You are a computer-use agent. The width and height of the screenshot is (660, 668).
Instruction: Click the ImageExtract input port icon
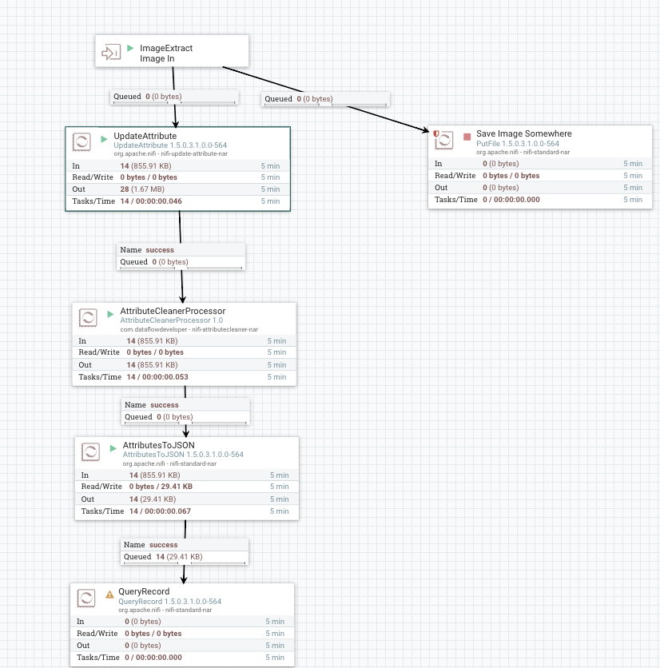pos(109,54)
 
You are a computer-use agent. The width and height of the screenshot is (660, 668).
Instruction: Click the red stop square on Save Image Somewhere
pos(467,136)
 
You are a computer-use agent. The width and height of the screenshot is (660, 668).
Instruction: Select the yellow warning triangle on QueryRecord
pos(109,594)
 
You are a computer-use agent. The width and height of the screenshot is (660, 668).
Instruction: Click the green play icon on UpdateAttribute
pos(104,138)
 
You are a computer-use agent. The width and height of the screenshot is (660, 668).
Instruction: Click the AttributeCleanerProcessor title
pos(173,311)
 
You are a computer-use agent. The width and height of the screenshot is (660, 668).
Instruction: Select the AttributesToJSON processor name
pos(158,445)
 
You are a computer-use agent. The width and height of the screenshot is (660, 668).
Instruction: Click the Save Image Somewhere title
pos(523,133)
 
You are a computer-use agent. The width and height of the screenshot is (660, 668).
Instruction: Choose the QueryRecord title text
pos(144,592)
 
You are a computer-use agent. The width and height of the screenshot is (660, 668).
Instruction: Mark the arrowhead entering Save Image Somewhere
pos(423,129)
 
